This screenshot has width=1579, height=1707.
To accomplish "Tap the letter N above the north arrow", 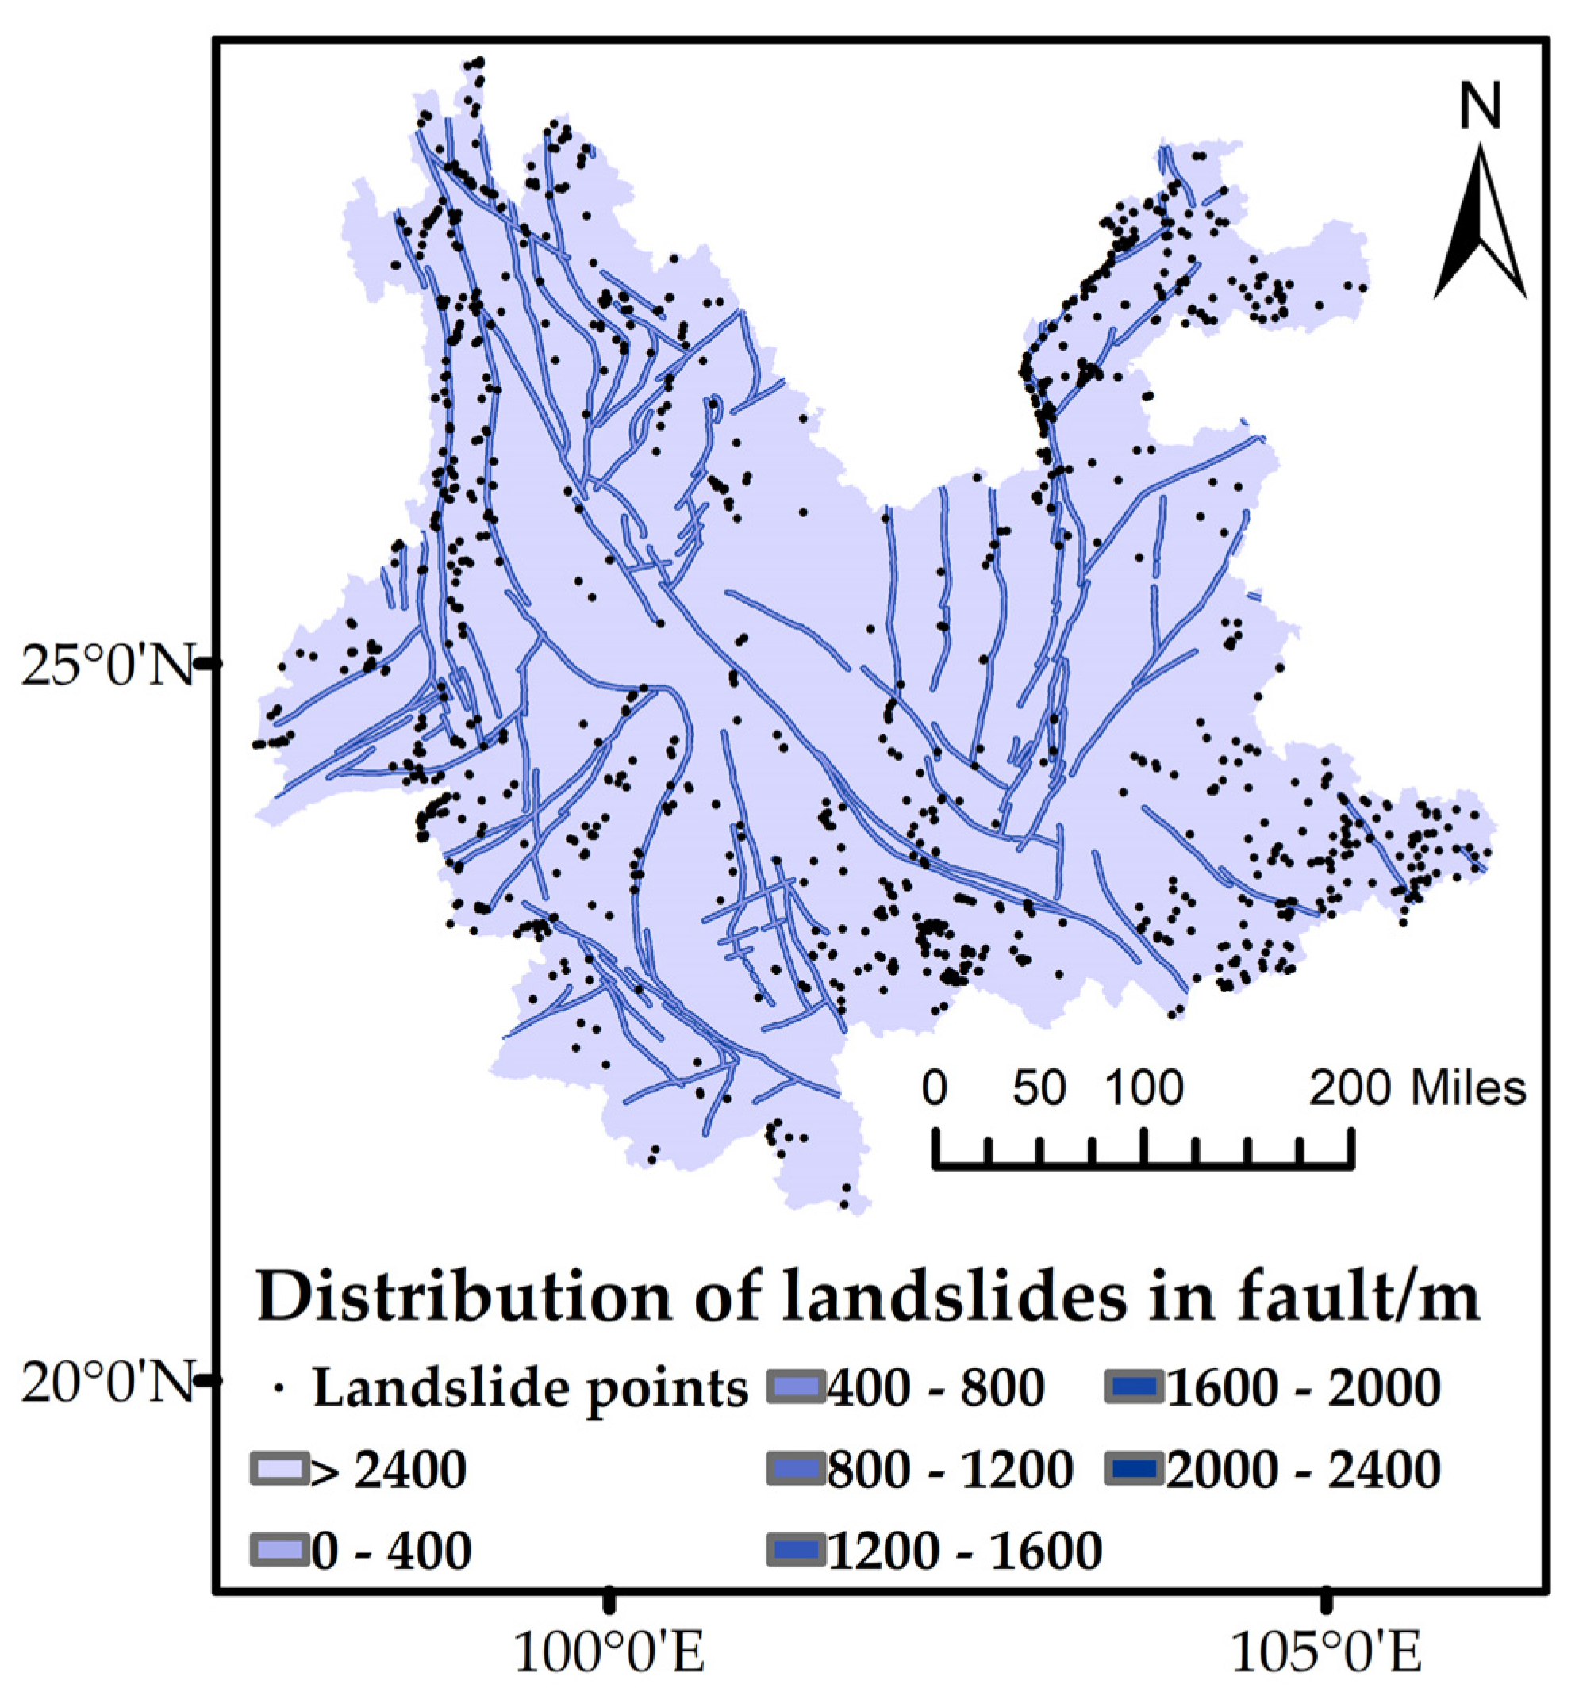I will tap(1480, 106).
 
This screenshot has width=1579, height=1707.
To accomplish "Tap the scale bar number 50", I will tap(1039, 1089).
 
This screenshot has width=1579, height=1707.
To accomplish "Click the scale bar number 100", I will tap(1145, 1089).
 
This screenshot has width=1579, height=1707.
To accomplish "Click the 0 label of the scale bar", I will tap(935, 1089).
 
